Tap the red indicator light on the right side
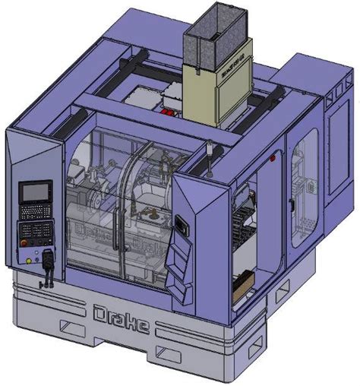point(270,160)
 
